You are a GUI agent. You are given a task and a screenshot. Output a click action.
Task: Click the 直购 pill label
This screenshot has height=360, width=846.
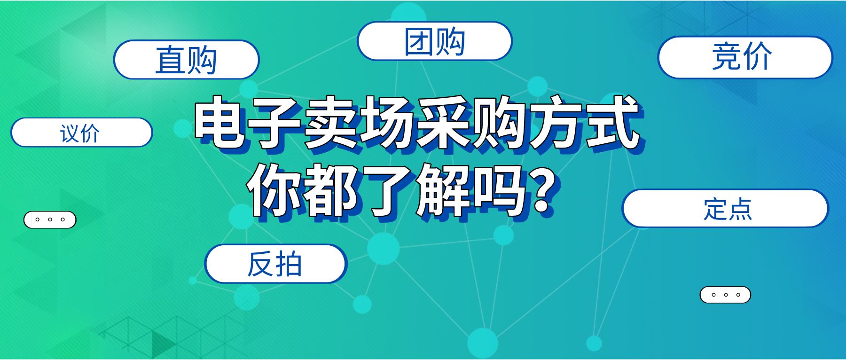[186, 60]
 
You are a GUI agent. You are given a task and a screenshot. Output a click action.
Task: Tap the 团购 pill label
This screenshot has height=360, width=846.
[434, 41]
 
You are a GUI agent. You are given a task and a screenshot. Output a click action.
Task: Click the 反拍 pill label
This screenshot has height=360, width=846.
[275, 264]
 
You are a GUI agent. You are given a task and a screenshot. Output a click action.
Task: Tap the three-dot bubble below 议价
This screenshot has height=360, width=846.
[50, 219]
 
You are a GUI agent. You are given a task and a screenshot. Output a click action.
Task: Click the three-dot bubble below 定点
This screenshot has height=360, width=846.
[725, 295]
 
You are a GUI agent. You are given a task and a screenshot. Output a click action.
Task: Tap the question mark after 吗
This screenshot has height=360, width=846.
[544, 190]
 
